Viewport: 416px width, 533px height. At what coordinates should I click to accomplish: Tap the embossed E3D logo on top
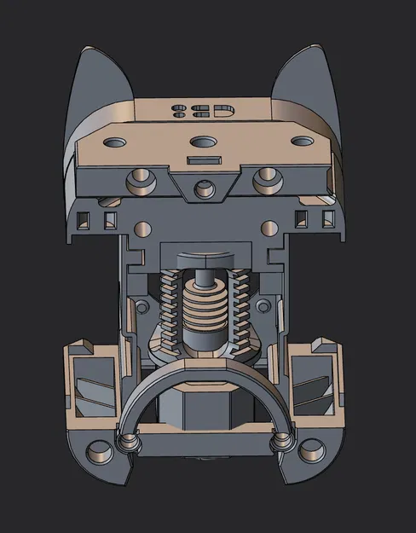point(202,110)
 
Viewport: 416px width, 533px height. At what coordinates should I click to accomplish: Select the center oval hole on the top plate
point(204,142)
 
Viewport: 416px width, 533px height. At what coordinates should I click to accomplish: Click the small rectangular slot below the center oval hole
point(204,159)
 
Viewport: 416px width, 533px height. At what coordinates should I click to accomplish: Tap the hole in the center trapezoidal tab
point(204,188)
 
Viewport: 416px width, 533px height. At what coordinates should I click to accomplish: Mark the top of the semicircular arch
point(204,365)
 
